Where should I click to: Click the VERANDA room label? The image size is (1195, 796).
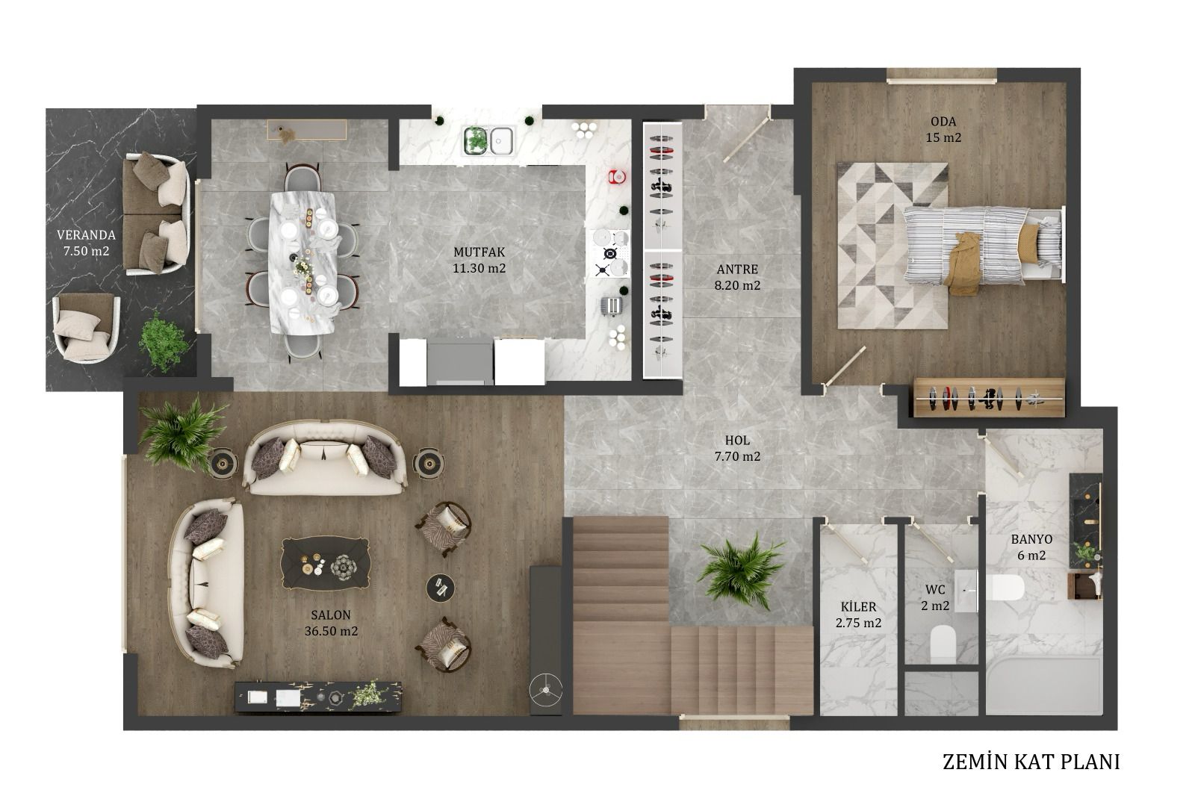coord(86,234)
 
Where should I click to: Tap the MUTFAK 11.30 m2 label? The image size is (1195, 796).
coord(479,260)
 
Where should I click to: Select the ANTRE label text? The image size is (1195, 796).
coord(737,270)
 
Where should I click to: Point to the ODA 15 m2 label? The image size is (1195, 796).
coord(943,130)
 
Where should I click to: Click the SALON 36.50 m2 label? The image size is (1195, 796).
coord(331,623)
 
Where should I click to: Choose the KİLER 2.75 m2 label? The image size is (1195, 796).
coord(858,615)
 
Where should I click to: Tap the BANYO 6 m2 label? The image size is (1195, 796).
coord(1031,547)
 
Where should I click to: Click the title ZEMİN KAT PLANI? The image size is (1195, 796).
coord(1031,762)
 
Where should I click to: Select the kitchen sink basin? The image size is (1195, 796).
coord(501,141)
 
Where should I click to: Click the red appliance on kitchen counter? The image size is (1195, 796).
coord(617,176)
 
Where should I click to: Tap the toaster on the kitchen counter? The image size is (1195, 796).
coord(612,305)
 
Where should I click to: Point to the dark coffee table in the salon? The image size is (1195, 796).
coord(326,563)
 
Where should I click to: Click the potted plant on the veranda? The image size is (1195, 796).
coord(164,341)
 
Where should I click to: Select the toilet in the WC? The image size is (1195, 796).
coord(943,644)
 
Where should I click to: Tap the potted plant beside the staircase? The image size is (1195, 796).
coord(742,570)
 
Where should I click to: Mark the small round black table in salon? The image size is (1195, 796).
coord(440,588)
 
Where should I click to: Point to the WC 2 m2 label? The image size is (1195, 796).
coord(935,597)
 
